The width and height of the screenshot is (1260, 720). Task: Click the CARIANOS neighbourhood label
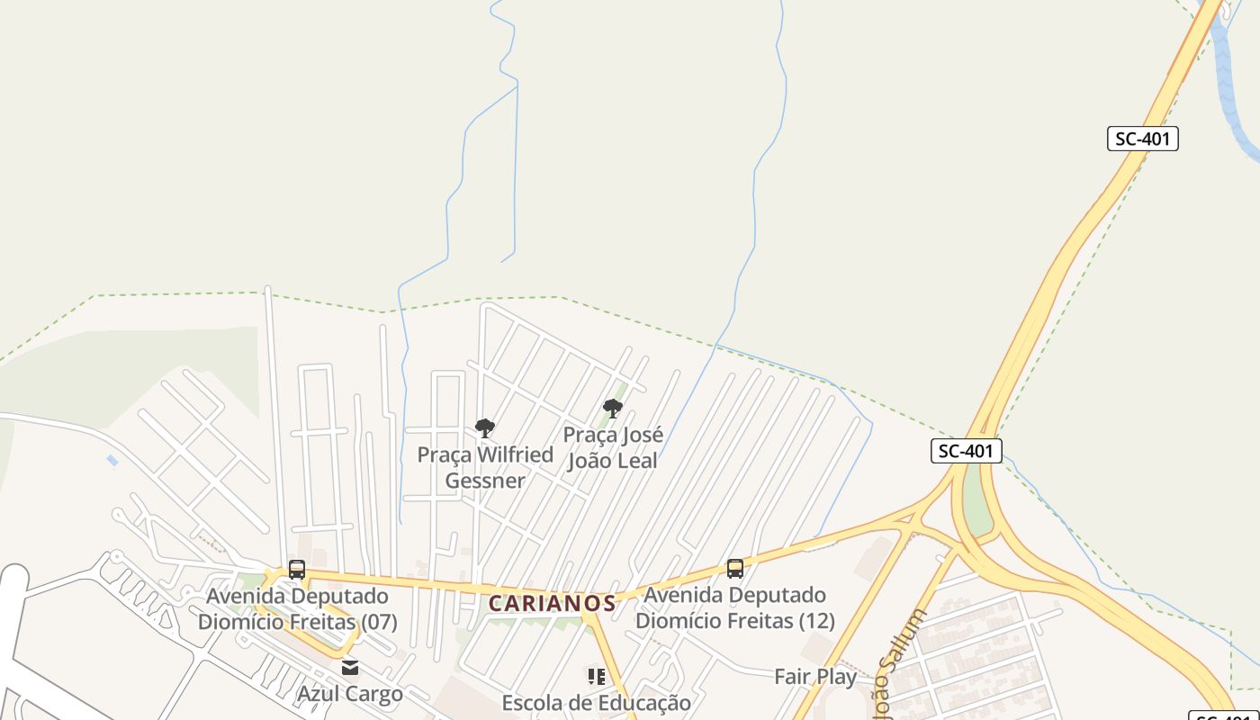click(553, 603)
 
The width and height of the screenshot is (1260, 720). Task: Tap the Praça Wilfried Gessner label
click(485, 467)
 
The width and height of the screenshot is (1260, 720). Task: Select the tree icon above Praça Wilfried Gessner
click(485, 427)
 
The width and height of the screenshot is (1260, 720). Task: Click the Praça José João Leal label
click(613, 447)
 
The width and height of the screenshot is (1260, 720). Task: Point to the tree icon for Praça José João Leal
click(613, 409)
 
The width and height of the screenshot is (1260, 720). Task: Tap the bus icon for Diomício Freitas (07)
click(297, 569)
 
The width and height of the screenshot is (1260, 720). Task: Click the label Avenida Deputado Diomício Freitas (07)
click(297, 608)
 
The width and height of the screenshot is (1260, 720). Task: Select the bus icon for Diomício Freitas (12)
click(735, 568)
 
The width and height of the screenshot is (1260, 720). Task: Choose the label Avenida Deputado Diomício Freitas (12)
click(735, 607)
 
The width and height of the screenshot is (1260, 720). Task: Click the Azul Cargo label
click(350, 694)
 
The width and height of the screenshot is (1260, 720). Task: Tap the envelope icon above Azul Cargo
click(350, 668)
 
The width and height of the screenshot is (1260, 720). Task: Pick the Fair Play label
click(815, 676)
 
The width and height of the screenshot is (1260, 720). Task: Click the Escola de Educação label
click(596, 702)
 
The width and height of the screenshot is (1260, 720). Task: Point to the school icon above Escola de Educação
click(596, 676)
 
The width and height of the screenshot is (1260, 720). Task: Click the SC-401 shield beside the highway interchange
click(966, 451)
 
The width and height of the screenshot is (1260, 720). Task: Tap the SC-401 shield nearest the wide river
click(1142, 139)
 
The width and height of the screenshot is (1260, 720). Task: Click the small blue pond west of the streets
click(112, 460)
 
